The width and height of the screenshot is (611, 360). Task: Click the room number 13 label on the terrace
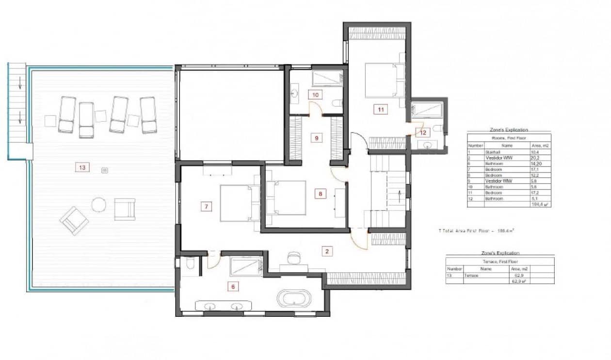pos(82,167)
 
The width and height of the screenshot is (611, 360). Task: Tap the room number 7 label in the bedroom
pos(207,207)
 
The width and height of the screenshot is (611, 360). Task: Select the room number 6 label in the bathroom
pos(233,287)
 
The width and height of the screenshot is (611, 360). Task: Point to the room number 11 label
pos(381,110)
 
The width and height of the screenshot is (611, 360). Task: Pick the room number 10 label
pos(315,95)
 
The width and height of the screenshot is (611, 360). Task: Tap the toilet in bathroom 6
pos(190,264)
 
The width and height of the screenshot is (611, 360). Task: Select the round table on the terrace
pos(99,205)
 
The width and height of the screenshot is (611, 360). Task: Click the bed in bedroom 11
pos(385,80)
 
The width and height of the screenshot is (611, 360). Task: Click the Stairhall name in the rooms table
pos(492,152)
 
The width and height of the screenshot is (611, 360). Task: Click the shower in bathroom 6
pos(246,267)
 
